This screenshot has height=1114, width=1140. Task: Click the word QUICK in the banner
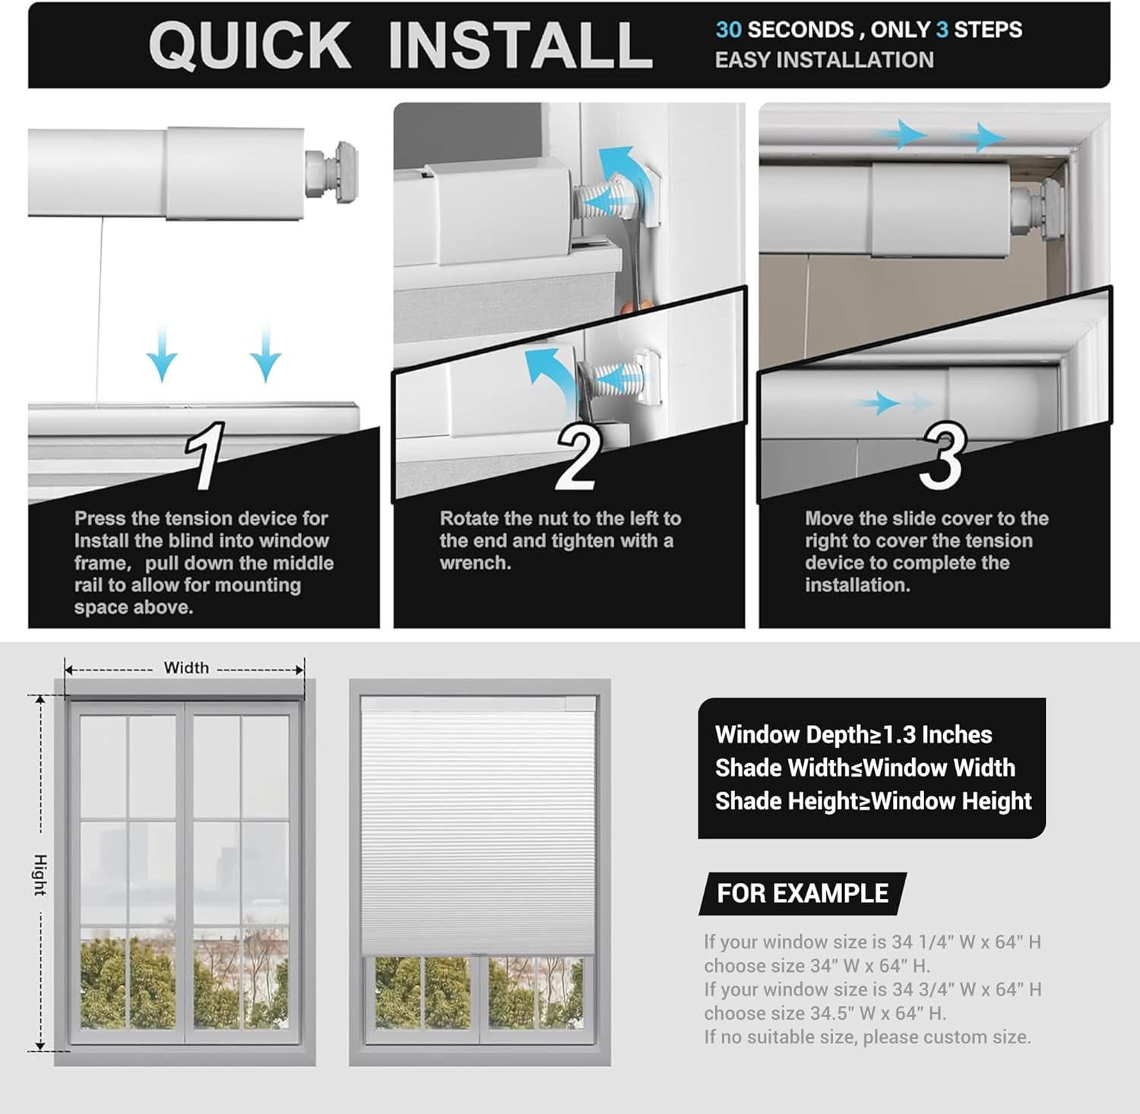250,46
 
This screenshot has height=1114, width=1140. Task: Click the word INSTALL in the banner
520,46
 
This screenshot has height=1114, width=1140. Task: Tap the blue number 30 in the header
728,30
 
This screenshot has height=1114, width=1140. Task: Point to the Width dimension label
186,668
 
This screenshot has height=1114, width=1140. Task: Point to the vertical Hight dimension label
40,875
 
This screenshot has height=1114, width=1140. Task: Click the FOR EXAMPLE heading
802,894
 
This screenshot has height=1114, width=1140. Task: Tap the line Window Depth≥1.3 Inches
853,735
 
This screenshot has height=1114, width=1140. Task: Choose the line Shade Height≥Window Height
872,801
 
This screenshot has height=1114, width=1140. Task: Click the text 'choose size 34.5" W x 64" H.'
825,1013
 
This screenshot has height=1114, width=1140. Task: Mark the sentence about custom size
867,1036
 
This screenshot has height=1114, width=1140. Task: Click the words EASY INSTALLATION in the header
824,60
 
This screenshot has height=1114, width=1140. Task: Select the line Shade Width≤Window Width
864,768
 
